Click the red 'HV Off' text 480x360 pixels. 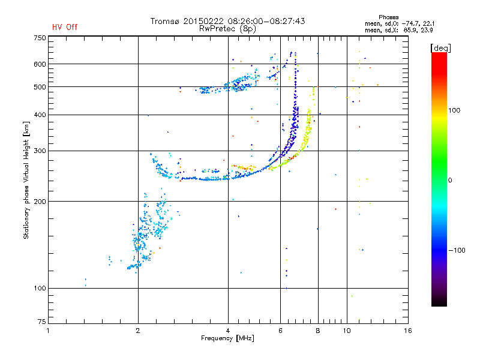(65, 27)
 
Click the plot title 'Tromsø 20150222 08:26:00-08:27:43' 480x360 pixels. (227, 21)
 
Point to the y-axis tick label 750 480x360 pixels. (40, 37)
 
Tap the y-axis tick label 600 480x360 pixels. (40, 64)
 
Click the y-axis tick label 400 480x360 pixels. (40, 115)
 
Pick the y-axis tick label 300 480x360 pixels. (40, 151)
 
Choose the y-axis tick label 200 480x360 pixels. (40, 202)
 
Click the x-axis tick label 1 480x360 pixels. (48, 331)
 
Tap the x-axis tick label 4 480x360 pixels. (228, 331)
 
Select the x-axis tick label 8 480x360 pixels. (318, 331)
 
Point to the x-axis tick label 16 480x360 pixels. (407, 331)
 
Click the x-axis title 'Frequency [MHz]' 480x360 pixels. (227, 338)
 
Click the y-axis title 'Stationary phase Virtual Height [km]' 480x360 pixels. (26, 180)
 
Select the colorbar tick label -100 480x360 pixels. (458, 250)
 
